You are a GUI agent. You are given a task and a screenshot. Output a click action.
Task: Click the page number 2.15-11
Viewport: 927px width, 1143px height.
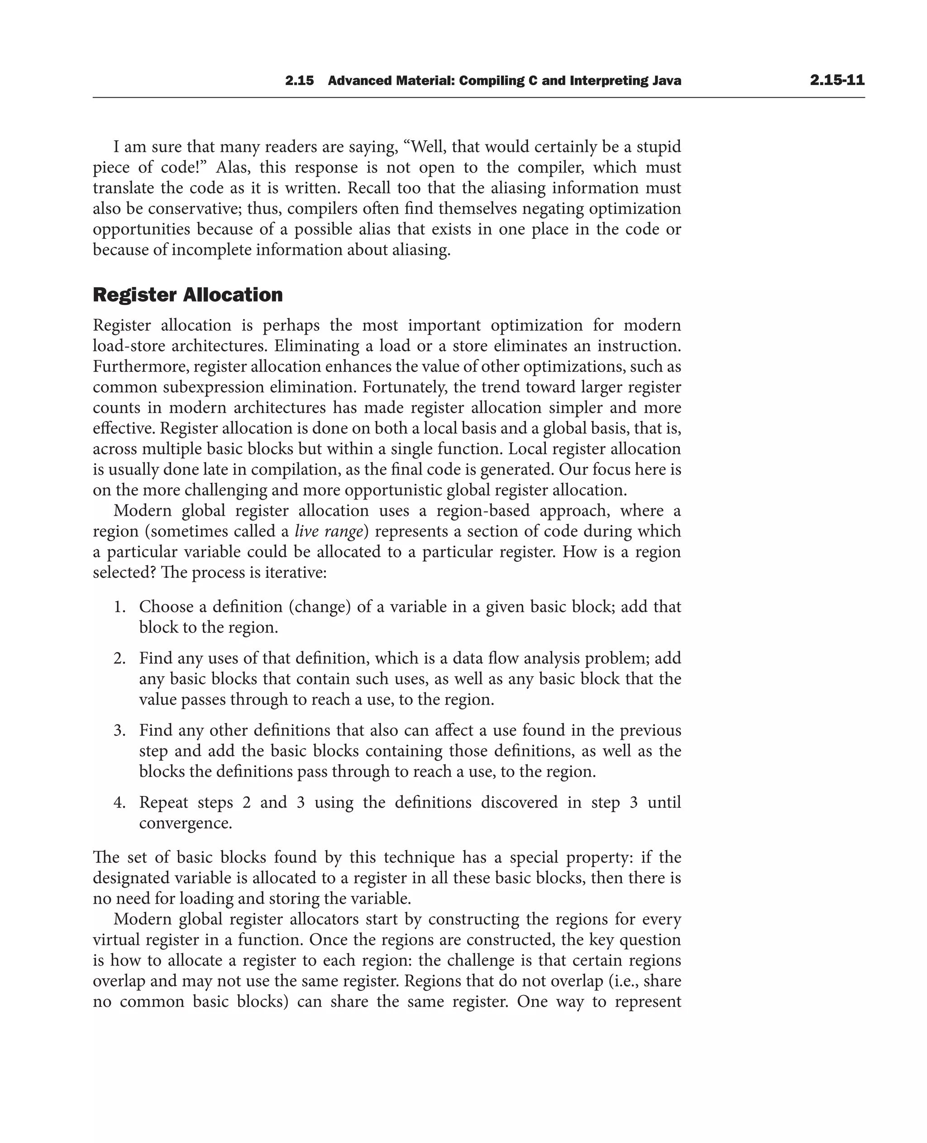pyautogui.click(x=837, y=81)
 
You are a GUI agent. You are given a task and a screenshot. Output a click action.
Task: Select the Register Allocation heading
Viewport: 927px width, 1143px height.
pyautogui.click(x=187, y=295)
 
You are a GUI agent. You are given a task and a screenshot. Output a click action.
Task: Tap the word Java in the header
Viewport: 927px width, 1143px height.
pyautogui.click(x=666, y=81)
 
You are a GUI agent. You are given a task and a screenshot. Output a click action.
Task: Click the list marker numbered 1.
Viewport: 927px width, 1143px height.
pyautogui.click(x=119, y=607)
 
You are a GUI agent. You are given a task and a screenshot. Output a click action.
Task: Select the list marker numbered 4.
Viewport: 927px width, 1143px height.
pyautogui.click(x=119, y=802)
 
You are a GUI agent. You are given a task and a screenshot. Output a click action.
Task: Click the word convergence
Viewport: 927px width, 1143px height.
pyautogui.click(x=185, y=823)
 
